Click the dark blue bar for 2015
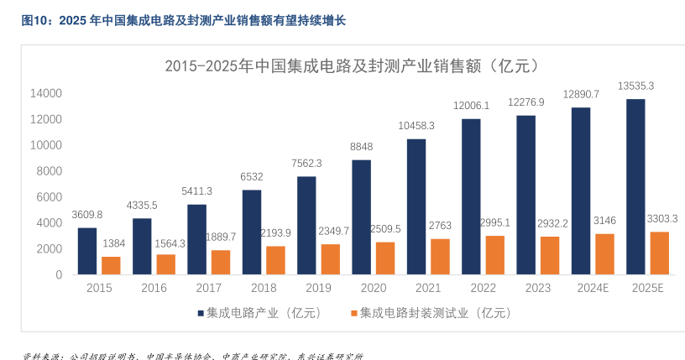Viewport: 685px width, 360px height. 87,251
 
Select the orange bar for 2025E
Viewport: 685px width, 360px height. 658,253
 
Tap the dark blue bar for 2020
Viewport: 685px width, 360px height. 361,217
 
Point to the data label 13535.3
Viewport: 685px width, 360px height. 635,86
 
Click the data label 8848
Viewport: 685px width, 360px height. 361,146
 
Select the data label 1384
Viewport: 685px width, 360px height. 112,243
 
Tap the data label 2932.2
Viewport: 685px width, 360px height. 550,222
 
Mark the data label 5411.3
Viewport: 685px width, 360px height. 196,191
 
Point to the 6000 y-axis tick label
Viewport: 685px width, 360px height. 48,197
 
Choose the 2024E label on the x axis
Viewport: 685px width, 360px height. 593,288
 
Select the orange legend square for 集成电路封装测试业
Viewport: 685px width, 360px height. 353,313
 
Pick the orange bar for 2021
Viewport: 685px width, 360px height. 440,256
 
